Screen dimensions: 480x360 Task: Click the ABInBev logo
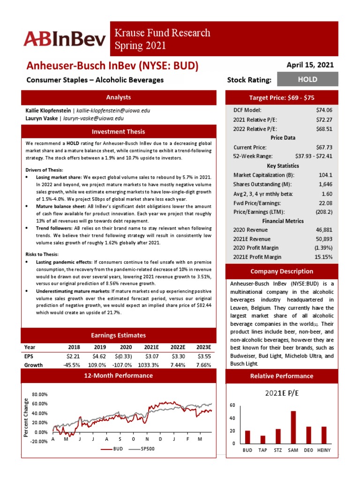point(65,39)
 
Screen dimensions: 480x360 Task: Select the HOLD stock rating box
point(307,80)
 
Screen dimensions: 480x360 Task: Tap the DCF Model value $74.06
point(324,109)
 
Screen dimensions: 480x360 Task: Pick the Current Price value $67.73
point(324,147)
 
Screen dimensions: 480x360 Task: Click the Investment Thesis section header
point(118,132)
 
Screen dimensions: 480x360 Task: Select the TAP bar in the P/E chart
point(263,439)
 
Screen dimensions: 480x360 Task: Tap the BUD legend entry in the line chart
point(113,449)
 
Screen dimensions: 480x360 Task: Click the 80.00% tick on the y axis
point(39,395)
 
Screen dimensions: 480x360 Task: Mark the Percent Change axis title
point(27,418)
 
